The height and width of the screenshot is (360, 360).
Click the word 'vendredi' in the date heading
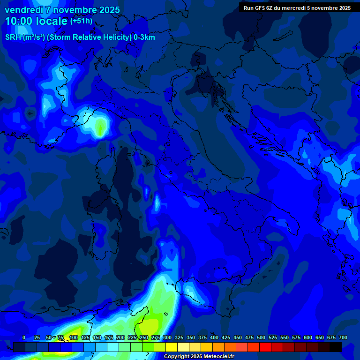[x=23, y=10]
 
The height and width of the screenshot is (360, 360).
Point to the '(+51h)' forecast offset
[x=81, y=21]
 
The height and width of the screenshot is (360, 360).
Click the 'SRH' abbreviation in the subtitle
[x=13, y=37]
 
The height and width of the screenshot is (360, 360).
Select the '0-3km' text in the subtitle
[x=144, y=37]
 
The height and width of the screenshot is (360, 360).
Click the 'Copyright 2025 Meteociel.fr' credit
[x=199, y=357]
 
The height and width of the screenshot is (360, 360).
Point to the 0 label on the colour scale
[x=24, y=337]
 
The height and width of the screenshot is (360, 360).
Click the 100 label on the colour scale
[x=74, y=337]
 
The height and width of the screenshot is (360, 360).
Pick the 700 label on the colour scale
[x=343, y=337]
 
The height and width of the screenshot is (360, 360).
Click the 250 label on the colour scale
[x=144, y=337]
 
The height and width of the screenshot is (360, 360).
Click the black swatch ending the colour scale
[x=336, y=347]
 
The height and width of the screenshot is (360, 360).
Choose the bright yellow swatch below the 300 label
[x=172, y=347]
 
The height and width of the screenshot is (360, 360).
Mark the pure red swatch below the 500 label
[x=265, y=347]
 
